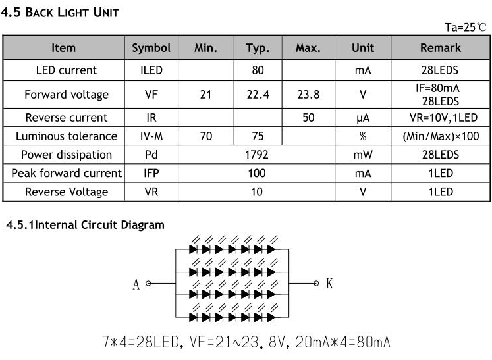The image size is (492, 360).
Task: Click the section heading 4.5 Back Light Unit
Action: [x=60, y=13]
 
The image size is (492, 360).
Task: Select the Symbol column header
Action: [x=151, y=48]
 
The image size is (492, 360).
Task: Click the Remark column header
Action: [x=440, y=48]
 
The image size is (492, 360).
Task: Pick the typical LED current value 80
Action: [x=258, y=70]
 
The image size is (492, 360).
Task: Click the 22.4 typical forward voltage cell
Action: [x=258, y=95]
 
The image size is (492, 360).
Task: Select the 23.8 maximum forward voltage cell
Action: [x=308, y=95]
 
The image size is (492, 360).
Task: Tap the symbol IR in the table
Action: [x=151, y=118]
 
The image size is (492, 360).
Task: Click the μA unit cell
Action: [x=362, y=118]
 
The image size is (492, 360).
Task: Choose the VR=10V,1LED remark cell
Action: [x=440, y=118]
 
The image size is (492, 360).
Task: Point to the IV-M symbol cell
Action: [x=151, y=136]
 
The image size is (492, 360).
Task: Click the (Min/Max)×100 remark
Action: [x=440, y=136]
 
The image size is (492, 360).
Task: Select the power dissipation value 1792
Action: [x=256, y=155]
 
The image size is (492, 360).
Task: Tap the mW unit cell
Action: [x=362, y=155]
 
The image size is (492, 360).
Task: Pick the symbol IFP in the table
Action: [x=151, y=173]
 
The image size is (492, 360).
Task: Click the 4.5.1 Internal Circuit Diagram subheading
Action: [x=85, y=225]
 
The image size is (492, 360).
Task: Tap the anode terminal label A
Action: [x=136, y=284]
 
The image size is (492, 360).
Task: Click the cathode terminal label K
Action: [x=329, y=284]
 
